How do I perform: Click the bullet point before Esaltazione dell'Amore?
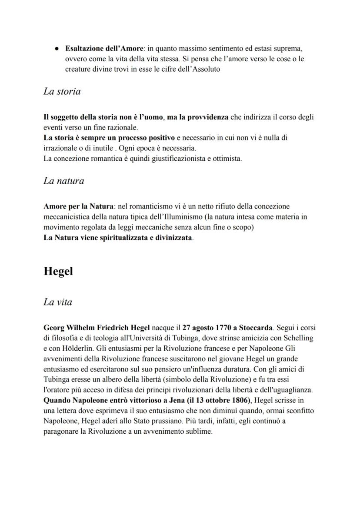(56, 47)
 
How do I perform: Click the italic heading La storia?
(62, 92)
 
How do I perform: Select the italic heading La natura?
(63, 181)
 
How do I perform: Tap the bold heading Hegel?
(58, 272)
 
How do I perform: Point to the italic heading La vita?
(58, 302)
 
